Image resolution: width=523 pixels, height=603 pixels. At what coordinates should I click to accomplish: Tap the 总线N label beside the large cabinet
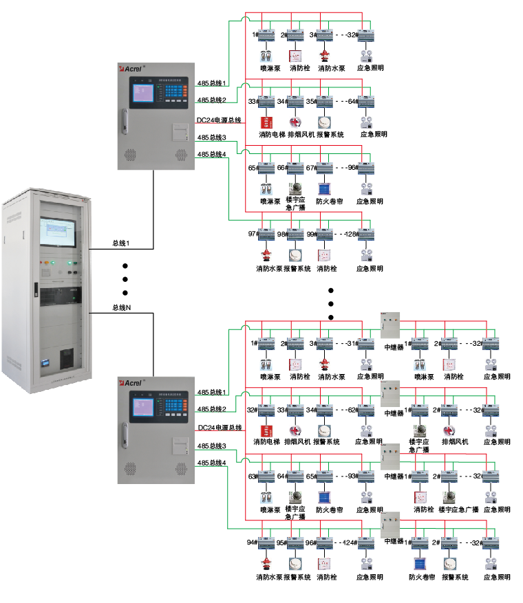click(122, 308)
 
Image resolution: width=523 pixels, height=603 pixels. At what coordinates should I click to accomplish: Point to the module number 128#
click(352, 234)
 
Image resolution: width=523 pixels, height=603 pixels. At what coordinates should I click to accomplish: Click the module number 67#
click(310, 168)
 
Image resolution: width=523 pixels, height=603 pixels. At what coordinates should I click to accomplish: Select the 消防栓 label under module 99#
click(326, 269)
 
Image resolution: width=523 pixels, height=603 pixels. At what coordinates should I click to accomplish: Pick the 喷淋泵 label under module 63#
click(270, 510)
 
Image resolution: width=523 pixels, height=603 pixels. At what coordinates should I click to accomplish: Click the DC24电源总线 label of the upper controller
click(219, 120)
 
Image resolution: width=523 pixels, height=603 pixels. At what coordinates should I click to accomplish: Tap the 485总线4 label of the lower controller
click(212, 463)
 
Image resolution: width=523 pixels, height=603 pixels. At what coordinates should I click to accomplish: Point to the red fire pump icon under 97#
click(265, 254)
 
